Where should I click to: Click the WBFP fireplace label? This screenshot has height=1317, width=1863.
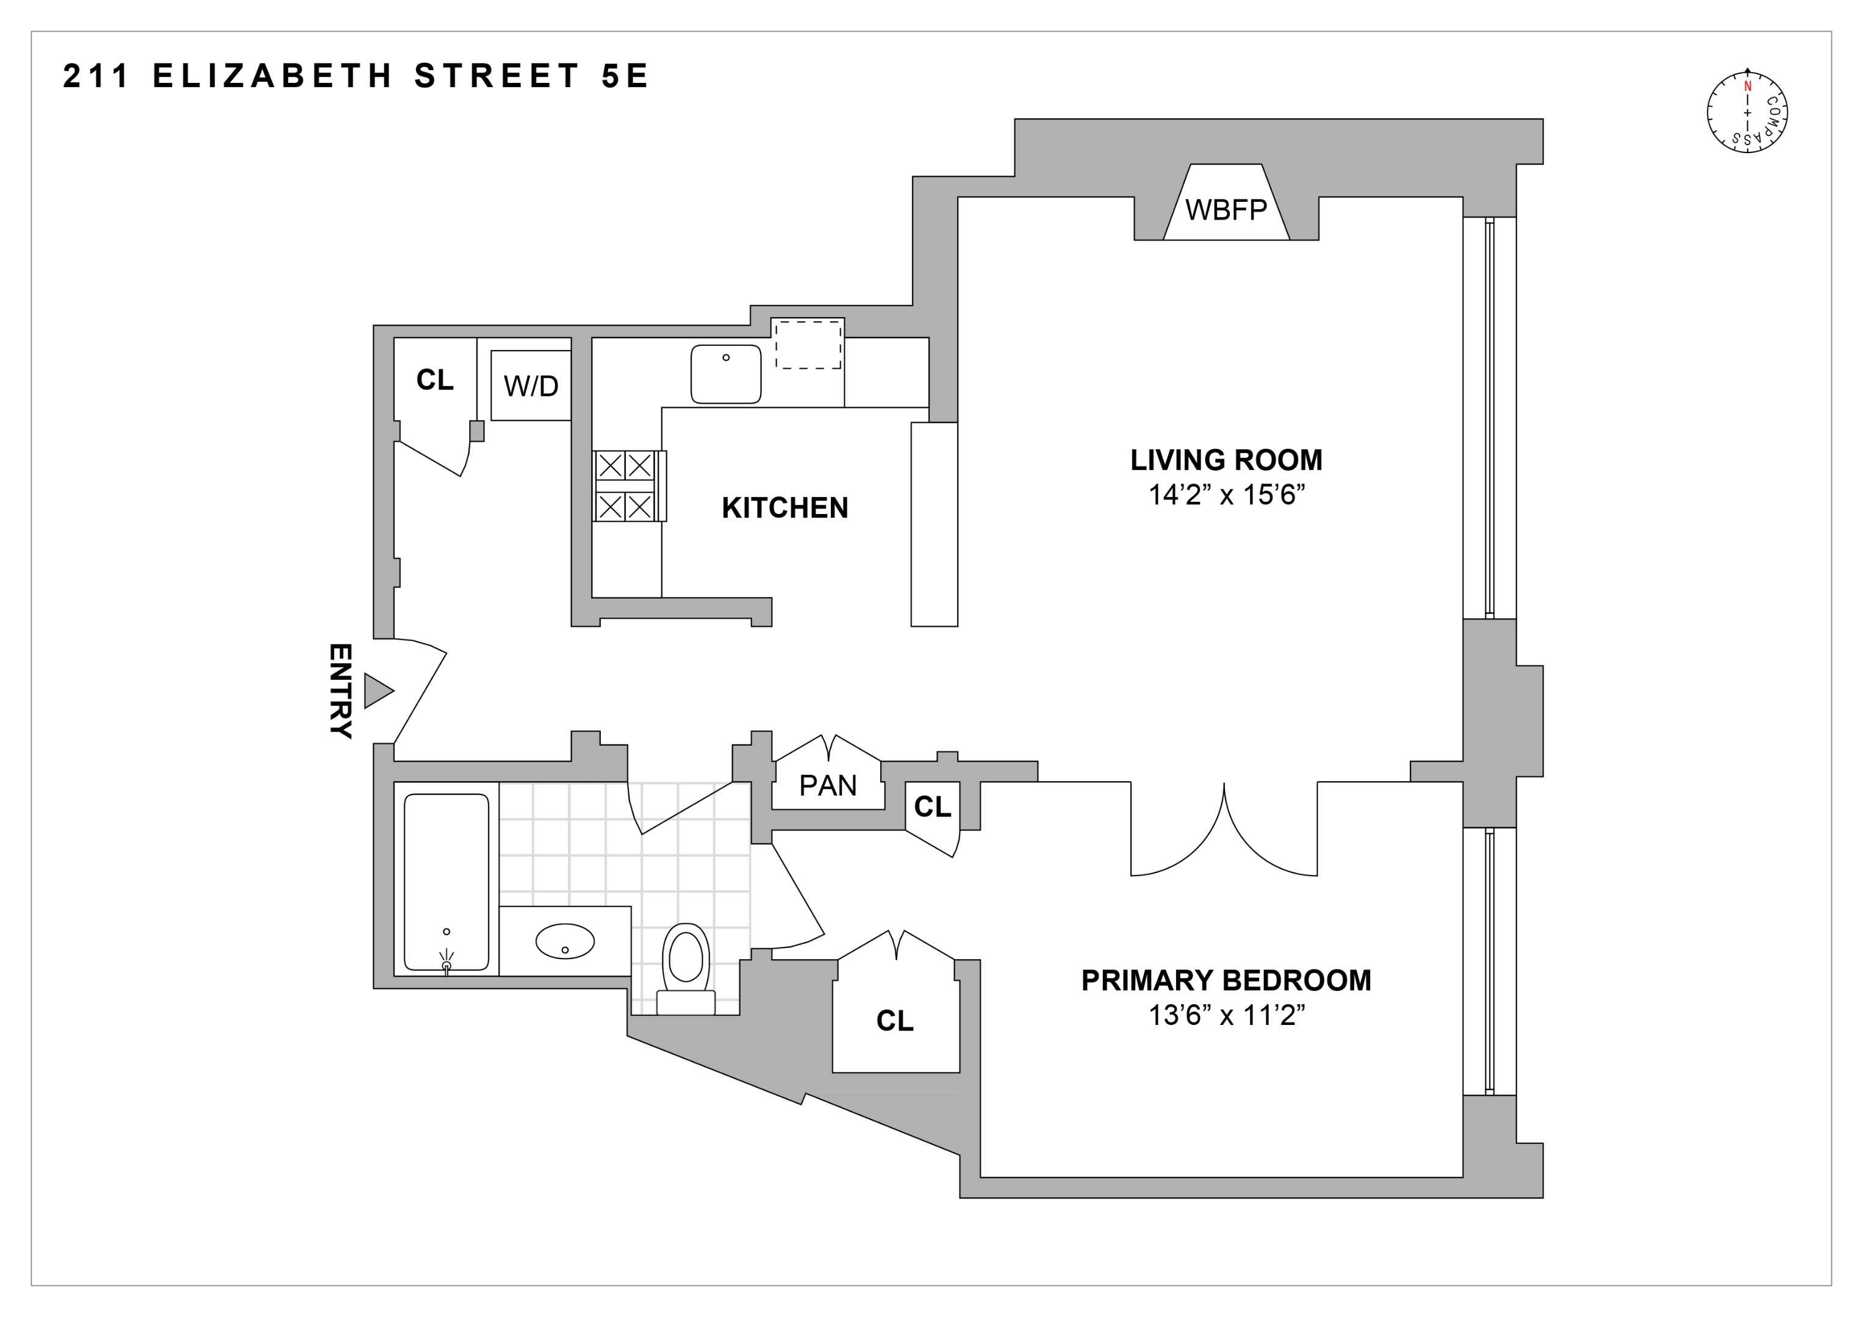[x=1226, y=210]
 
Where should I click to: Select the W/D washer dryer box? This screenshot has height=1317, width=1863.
[x=531, y=386]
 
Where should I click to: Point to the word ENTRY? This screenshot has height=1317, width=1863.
[x=340, y=691]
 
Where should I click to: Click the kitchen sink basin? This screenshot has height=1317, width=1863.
[x=725, y=374]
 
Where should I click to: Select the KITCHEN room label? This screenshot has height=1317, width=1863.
[x=784, y=509]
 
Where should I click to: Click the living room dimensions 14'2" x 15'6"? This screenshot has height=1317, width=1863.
[x=1226, y=494]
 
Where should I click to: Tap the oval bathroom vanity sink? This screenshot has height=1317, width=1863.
[x=565, y=941]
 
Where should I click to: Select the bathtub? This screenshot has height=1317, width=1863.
[x=447, y=882]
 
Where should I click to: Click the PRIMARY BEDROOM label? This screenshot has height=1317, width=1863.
[x=1226, y=980]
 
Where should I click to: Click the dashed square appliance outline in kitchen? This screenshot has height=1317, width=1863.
[x=807, y=344]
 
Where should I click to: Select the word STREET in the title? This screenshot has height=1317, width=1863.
[x=497, y=76]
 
